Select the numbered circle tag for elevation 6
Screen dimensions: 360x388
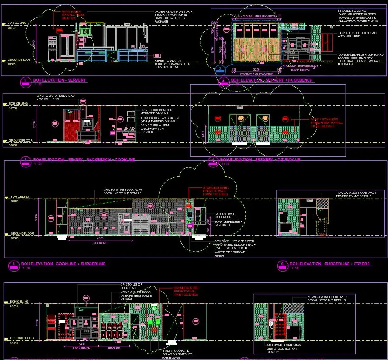(x=282, y=264)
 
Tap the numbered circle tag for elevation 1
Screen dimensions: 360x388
(x=25, y=80)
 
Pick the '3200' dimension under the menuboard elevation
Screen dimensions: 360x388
(x=256, y=69)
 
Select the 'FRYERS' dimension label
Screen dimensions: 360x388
(x=113, y=348)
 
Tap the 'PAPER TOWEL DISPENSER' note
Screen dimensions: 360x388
(x=225, y=215)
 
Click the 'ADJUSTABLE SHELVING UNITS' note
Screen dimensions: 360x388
(x=284, y=349)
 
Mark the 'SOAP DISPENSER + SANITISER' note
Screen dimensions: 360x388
(x=228, y=223)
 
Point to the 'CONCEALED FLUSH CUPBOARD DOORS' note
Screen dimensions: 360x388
(x=360, y=58)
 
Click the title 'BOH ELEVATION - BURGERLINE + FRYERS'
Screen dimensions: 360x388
(x=330, y=264)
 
